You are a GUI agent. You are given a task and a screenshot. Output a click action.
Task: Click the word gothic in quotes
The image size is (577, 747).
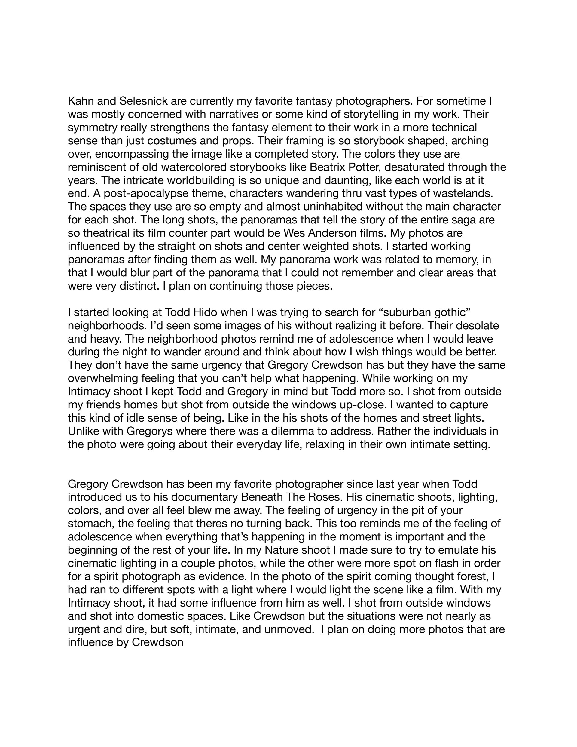tap(449, 312)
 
